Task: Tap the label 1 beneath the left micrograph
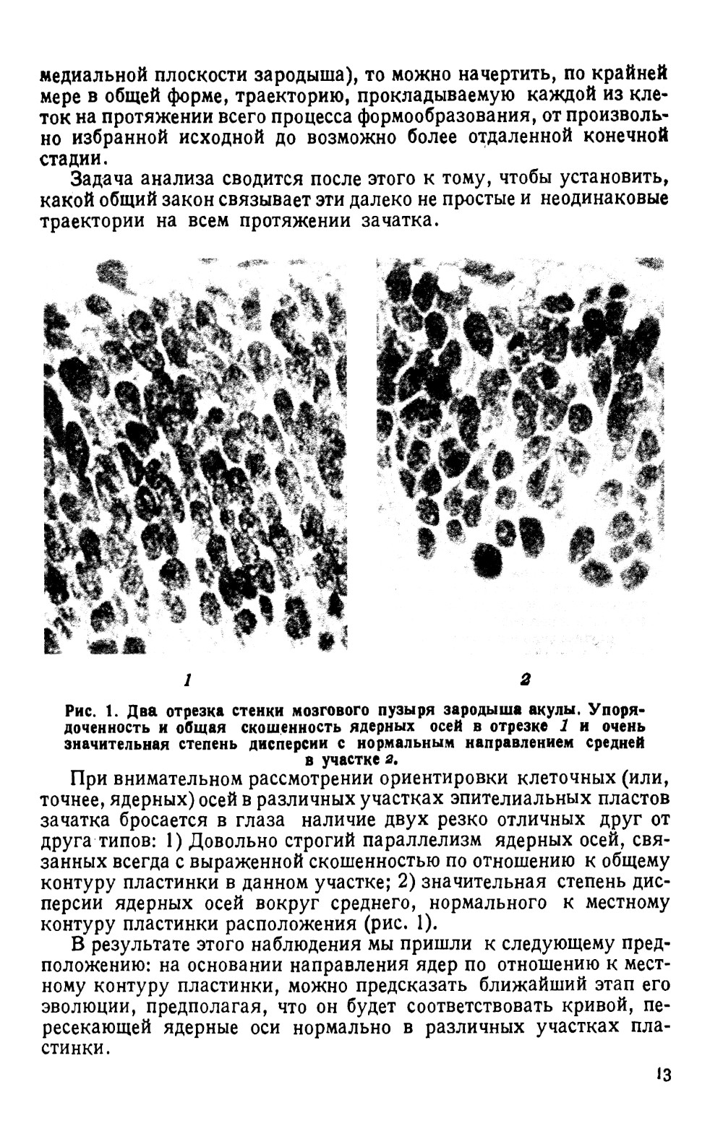(x=187, y=679)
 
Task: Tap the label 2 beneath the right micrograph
(x=525, y=679)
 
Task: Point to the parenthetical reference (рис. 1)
(x=402, y=924)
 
